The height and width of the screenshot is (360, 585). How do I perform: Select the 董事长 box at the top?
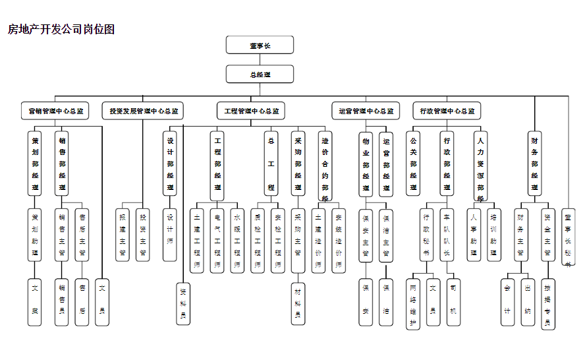[x=260, y=45]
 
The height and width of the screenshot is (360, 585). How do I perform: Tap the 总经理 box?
[x=260, y=75]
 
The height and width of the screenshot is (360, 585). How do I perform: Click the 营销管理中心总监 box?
[x=56, y=111]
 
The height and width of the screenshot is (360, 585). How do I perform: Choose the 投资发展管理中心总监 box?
[x=144, y=111]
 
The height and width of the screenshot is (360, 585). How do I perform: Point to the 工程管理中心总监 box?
[x=251, y=111]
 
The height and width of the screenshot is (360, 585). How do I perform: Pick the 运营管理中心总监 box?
[x=366, y=111]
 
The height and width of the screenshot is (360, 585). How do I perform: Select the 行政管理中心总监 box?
[x=447, y=111]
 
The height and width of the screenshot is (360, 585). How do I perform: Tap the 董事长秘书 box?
[x=569, y=238]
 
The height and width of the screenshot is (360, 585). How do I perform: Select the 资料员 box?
[x=183, y=303]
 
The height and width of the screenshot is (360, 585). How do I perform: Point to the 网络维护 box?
[x=413, y=305]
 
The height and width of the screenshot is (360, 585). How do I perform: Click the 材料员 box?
[x=298, y=303]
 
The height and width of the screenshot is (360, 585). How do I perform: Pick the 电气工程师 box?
[x=217, y=241]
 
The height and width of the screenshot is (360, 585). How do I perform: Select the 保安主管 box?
[x=366, y=237]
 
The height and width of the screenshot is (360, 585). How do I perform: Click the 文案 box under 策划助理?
[x=35, y=302]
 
